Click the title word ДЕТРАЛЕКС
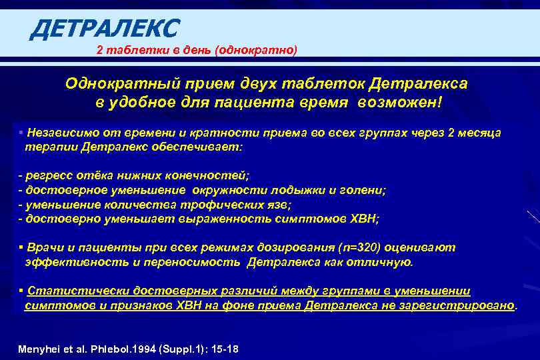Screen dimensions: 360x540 [105, 28]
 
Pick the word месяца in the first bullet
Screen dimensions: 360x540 [481, 133]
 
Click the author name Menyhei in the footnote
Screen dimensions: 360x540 [40, 349]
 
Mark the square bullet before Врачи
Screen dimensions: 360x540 [21, 247]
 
